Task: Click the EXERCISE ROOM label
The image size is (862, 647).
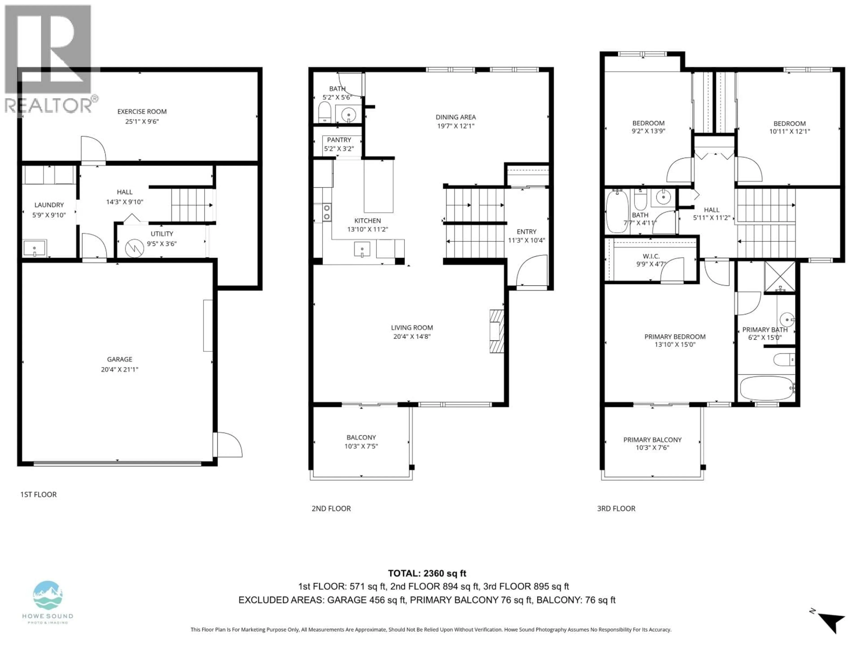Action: pyautogui.click(x=142, y=111)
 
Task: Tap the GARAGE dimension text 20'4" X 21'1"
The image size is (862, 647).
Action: pyautogui.click(x=120, y=369)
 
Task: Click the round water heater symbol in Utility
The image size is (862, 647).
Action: pyautogui.click(x=134, y=248)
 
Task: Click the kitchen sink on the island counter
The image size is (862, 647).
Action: pyautogui.click(x=362, y=249)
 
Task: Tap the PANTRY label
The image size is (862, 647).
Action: pyautogui.click(x=339, y=140)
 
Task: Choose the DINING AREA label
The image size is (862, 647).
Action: pyautogui.click(x=455, y=117)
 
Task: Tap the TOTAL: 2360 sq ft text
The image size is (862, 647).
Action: pyautogui.click(x=427, y=573)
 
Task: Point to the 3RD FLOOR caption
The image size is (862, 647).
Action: pyautogui.click(x=616, y=509)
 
